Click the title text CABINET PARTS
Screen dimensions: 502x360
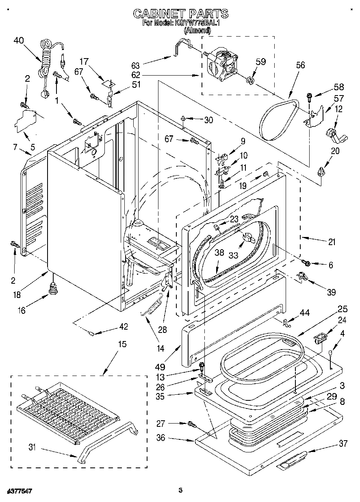point(181,14)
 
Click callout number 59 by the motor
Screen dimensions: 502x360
point(260,62)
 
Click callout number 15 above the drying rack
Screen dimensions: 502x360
point(122,344)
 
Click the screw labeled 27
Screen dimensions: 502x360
point(192,425)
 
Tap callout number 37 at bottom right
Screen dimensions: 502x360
point(343,444)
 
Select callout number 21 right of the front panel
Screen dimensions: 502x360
point(332,242)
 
